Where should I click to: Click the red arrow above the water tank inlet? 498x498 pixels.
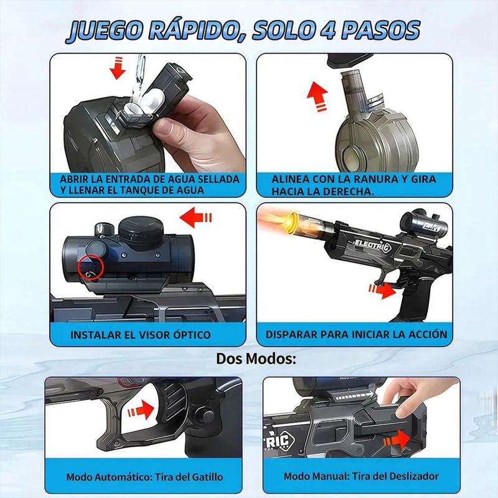pyautogui.click(x=118, y=68)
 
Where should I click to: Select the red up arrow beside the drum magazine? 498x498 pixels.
pyautogui.click(x=317, y=96)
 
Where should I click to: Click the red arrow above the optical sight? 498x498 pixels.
pyautogui.click(x=195, y=217)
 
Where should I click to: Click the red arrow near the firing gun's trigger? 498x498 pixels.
pyautogui.click(x=382, y=290)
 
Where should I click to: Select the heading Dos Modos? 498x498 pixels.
pyautogui.click(x=256, y=359)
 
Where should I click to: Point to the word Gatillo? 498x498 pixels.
pyautogui.click(x=207, y=477)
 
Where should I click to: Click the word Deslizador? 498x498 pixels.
pyautogui.click(x=414, y=476)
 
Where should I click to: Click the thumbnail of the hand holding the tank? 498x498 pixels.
pyautogui.click(x=148, y=125)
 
